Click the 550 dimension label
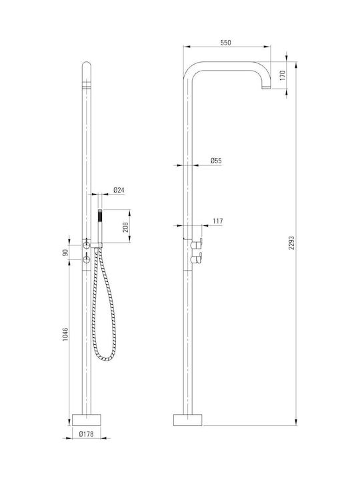point(225,43)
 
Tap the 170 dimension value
point(282,75)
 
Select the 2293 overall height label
point(291,243)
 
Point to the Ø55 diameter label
point(216,161)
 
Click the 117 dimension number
point(217,221)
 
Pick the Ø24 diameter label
point(119,190)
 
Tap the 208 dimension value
point(125,227)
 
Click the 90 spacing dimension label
point(65,253)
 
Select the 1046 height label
point(65,335)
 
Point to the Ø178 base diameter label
point(86,434)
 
